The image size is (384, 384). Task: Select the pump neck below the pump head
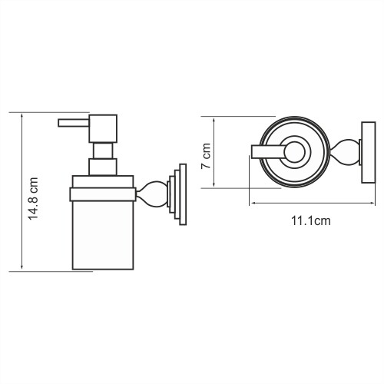pos(103,167)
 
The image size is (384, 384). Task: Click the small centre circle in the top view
pos(293,152)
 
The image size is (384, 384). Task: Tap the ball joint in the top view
pos(346,152)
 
